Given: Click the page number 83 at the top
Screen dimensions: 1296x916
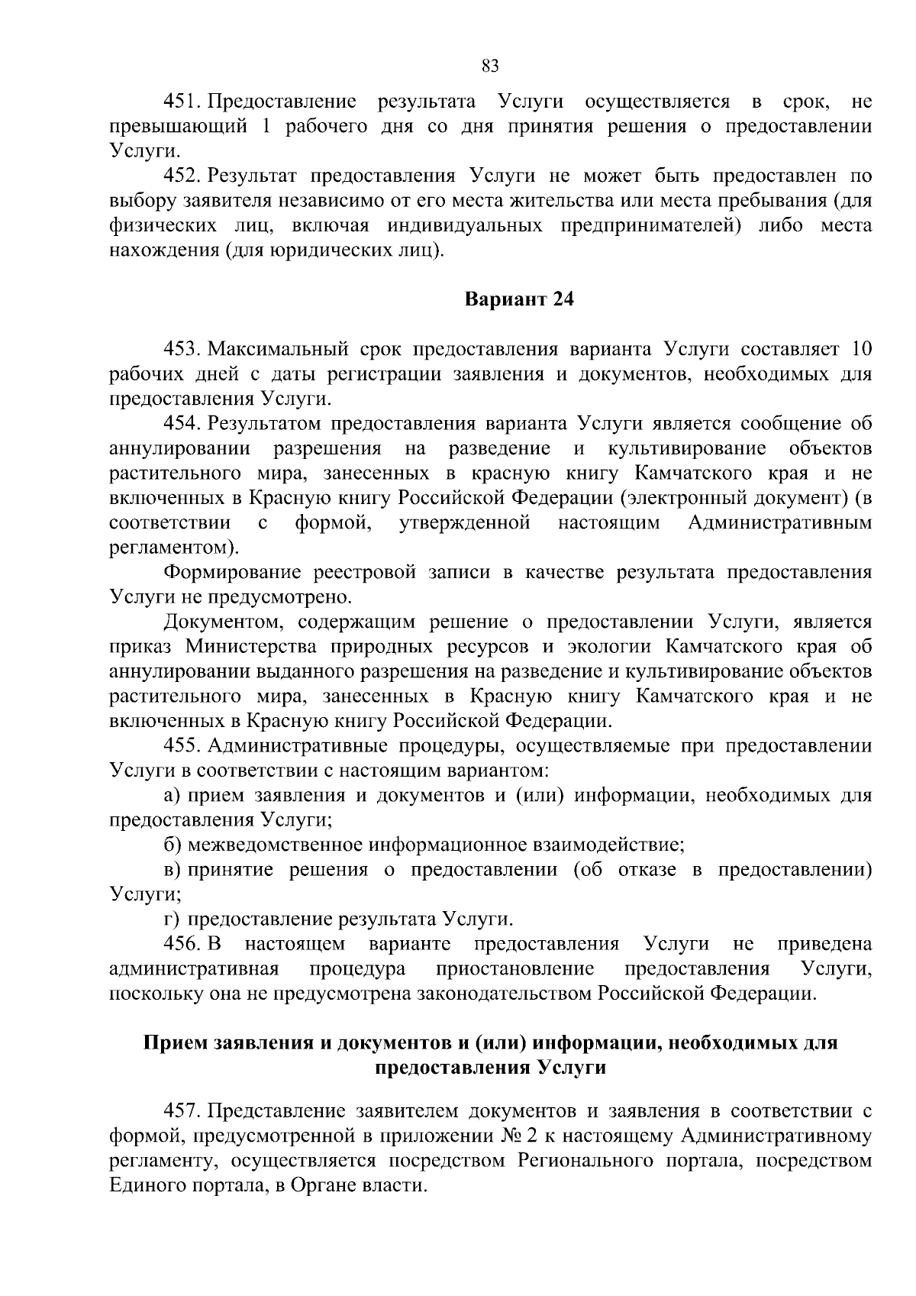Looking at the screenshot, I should [x=491, y=66].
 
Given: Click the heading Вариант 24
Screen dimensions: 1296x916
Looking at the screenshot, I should [x=519, y=299].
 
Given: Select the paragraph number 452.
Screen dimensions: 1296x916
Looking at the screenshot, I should [x=182, y=176].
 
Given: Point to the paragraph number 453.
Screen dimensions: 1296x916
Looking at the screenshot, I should [x=182, y=350].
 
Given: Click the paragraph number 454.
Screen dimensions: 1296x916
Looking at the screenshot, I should [x=182, y=424].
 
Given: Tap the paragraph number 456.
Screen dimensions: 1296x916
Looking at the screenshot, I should [x=182, y=944].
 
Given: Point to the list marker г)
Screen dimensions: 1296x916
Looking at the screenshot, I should [x=173, y=919].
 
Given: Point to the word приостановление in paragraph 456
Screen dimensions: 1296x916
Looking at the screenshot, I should [x=514, y=968].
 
